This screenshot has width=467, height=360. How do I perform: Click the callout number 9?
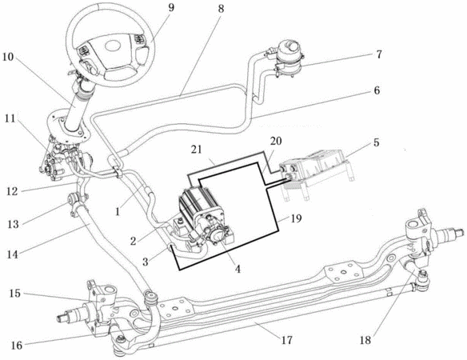click(171, 8)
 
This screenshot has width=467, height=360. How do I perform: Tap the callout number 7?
click(379, 54)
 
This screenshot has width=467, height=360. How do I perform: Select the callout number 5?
click(377, 142)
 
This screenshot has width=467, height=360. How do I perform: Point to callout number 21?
click(197, 150)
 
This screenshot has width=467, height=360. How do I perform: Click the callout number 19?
click(296, 218)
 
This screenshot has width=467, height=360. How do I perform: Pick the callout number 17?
click(287, 340)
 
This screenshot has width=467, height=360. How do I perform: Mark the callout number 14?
click(13, 254)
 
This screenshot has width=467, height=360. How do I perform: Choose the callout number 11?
click(10, 118)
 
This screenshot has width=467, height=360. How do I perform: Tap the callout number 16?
click(17, 345)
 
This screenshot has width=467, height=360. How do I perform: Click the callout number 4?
click(237, 269)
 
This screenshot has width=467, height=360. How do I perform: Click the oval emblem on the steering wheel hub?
click(114, 46)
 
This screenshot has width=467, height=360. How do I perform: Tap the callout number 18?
click(365, 340)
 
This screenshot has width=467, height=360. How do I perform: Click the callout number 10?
click(8, 57)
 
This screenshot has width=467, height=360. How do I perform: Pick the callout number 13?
click(13, 224)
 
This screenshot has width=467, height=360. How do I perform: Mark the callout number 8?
click(221, 8)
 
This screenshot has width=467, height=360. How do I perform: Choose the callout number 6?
click(377, 90)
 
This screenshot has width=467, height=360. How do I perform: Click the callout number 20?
click(276, 141)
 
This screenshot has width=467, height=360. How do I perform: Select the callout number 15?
click(14, 294)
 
